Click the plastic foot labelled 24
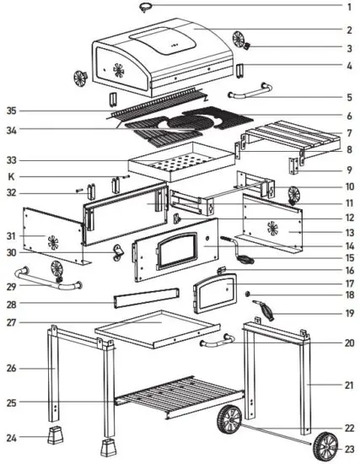pyautogui.click(x=56, y=437)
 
